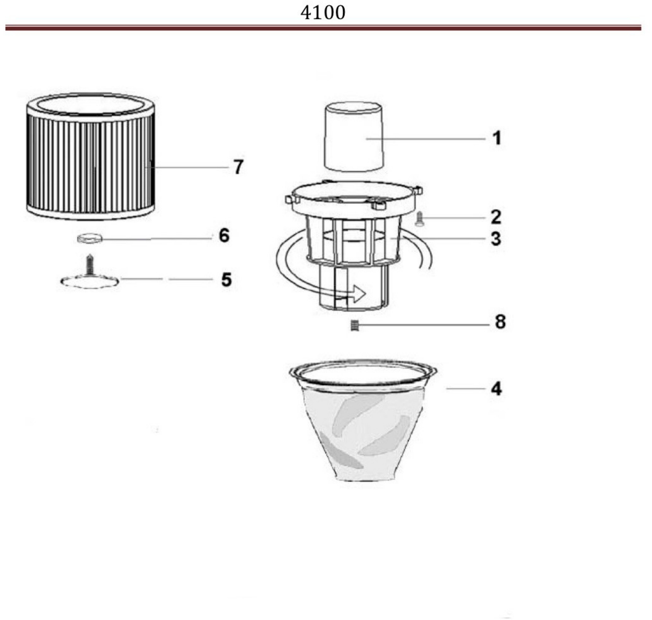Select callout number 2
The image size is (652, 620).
tap(496, 217)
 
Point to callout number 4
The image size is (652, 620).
tap(496, 388)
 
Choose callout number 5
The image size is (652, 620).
tap(227, 280)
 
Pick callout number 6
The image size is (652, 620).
tap(224, 236)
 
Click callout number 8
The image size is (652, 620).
tap(500, 322)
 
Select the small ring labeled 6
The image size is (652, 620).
tap(90, 239)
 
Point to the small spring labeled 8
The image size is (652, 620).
tap(354, 326)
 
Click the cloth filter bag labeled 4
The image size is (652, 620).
tap(363, 420)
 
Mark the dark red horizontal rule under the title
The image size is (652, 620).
tap(323, 28)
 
